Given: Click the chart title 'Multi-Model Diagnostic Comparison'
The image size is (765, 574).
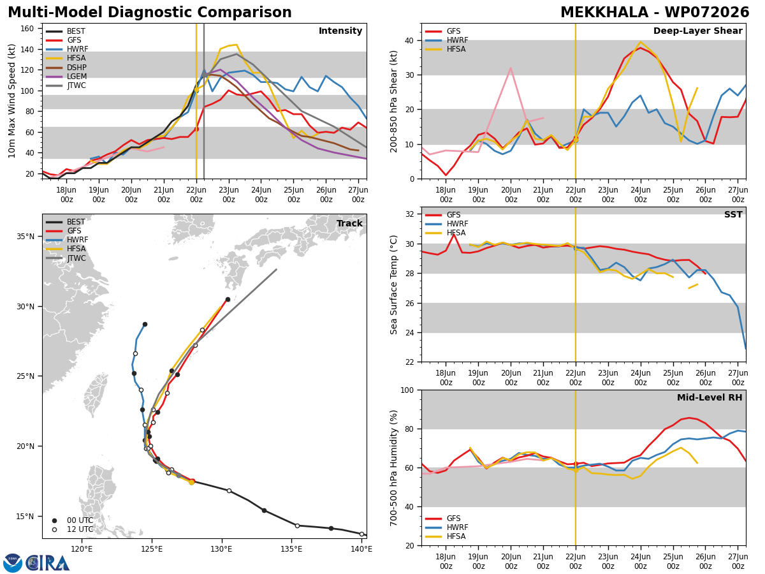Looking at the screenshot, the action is point(150,12).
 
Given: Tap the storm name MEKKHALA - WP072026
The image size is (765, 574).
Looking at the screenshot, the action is point(655,12).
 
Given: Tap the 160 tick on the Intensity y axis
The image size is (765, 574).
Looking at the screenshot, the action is point(27,29).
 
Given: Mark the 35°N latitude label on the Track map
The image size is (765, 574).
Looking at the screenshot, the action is point(25,236).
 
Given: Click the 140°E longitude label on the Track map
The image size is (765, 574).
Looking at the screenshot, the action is point(361,549).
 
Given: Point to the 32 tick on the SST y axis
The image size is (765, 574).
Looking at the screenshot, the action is point(409,214).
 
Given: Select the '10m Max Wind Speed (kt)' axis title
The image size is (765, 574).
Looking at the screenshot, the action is point(11,101).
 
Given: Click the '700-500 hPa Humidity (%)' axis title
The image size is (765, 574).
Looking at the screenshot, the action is point(393,468).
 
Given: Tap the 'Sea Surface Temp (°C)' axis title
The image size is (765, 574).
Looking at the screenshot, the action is point(393,285).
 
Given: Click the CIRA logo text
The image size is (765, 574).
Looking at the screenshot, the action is point(48,564).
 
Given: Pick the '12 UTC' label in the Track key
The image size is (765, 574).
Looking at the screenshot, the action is point(80,529).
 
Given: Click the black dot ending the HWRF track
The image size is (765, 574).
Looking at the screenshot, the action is point(145,325).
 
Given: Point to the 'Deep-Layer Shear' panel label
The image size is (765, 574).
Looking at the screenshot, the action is point(697,31).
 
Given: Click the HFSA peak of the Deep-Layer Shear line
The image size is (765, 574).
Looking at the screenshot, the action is point(641,42).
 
